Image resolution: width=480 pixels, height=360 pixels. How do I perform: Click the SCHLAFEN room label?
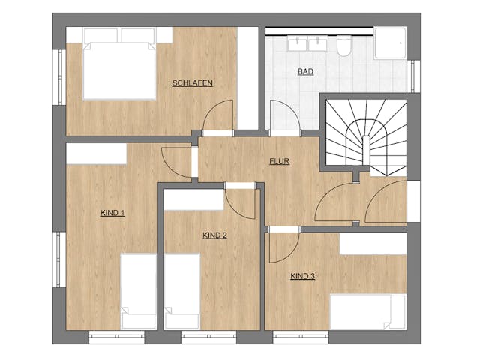click(192, 83)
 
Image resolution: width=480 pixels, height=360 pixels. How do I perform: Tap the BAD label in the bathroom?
click(305, 72)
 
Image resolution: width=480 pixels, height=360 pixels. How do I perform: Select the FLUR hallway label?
click(279, 161)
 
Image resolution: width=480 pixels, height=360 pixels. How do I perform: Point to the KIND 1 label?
click(112, 213)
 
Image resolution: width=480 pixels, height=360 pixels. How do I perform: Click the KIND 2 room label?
click(214, 235)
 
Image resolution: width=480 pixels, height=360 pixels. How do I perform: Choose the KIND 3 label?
click(302, 276)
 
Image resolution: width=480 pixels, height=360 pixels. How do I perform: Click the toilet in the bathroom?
click(343, 46)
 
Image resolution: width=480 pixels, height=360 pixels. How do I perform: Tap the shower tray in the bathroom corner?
click(390, 43)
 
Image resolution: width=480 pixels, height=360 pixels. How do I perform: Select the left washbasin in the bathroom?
click(297, 43)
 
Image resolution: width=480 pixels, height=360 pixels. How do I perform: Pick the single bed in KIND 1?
click(139, 292)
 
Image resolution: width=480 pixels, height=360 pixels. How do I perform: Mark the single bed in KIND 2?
click(182, 292)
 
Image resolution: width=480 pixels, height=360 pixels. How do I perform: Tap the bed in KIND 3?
click(368, 312)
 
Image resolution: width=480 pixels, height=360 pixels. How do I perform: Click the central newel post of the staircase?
click(366, 151)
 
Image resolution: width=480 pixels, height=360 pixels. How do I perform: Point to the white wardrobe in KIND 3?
click(373, 243)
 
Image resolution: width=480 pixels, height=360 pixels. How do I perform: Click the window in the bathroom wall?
click(413, 76)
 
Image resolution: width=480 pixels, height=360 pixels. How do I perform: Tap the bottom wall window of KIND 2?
click(208, 337)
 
